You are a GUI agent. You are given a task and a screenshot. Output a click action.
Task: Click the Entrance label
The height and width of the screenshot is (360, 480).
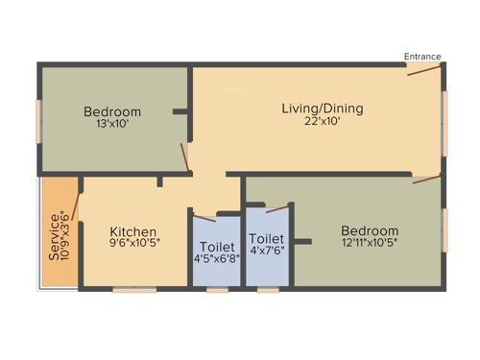tap(422, 57)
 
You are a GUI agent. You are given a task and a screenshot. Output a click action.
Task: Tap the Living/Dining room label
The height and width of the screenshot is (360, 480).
tap(314, 107)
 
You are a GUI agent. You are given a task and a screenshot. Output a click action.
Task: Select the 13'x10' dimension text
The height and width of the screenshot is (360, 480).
tap(111, 124)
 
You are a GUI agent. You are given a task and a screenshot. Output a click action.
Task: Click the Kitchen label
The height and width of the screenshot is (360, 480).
tap(132, 231)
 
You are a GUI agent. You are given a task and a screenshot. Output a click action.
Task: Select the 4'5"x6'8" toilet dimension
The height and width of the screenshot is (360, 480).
tap(217, 257)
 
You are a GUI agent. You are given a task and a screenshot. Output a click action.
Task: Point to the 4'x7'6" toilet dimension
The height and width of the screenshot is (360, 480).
tap(267, 252)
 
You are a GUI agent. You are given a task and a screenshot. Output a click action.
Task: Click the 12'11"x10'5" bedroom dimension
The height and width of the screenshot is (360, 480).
tap(369, 244)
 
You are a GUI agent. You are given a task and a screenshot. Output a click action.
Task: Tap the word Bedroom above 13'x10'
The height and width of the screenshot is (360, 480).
tap(111, 111)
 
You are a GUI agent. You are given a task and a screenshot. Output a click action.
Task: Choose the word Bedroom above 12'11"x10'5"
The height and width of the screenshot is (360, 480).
tap(370, 231)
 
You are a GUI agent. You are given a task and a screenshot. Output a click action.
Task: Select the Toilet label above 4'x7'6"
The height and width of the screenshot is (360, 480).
tap(266, 239)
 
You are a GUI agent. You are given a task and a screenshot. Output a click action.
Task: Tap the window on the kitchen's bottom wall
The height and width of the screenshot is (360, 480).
tap(133, 289)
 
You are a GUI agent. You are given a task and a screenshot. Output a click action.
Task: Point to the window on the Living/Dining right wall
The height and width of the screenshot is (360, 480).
tap(444, 123)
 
